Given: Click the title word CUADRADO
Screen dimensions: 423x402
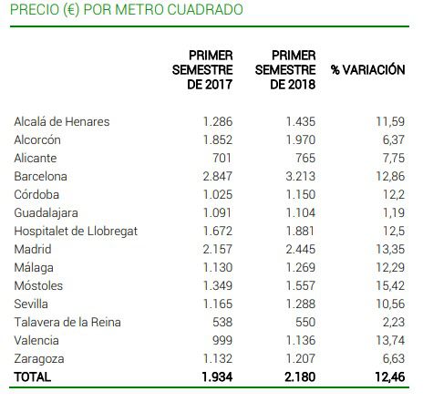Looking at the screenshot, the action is (x=205, y=9).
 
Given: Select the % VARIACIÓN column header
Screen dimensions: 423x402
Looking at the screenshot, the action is (x=368, y=69).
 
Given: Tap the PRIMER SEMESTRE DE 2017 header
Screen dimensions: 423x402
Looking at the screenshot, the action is (x=202, y=70).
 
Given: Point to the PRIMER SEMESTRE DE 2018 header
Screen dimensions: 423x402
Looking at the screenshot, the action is (x=285, y=70).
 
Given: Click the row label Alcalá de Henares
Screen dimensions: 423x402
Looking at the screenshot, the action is (x=62, y=121).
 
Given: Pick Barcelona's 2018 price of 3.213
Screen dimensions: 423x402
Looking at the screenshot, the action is (x=300, y=176).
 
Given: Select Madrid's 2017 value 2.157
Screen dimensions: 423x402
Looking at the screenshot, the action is (x=218, y=249).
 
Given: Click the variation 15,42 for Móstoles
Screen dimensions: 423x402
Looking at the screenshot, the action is (x=390, y=285).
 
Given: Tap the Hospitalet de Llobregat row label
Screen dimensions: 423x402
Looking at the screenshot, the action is (x=76, y=231).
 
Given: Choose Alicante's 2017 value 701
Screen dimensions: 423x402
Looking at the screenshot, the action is (x=222, y=158).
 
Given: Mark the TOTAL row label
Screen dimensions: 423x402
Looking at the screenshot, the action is (x=32, y=376).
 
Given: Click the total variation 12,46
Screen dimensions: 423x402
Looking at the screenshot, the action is (x=390, y=376).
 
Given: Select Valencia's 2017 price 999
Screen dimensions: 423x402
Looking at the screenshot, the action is (x=222, y=340).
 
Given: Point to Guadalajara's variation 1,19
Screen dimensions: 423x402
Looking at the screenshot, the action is (x=394, y=212).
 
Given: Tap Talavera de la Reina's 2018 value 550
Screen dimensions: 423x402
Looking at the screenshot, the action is (x=305, y=322).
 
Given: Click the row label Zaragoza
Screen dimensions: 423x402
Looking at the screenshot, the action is (x=39, y=359).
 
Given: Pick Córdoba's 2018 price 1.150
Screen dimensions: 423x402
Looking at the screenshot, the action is (x=301, y=194).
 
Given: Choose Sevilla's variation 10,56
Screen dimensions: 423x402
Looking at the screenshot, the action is (x=390, y=304).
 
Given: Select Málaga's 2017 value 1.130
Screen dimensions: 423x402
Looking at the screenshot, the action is (x=218, y=267).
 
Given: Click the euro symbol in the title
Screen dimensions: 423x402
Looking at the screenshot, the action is (x=71, y=10).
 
